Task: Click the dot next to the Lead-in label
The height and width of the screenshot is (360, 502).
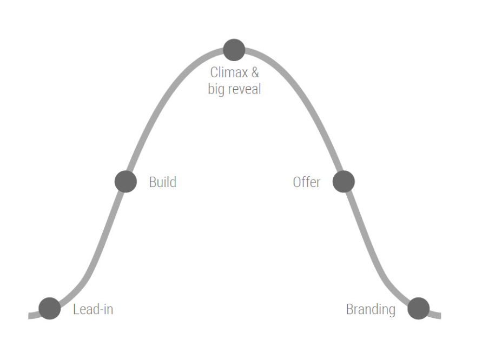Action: coord(50,309)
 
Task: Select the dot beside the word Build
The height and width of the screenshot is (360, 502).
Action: coord(125,182)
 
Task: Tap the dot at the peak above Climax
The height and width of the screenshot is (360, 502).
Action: coord(234,50)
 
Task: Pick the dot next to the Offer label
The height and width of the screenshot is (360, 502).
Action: coord(344,182)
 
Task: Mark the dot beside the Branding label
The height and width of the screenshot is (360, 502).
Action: coord(418,309)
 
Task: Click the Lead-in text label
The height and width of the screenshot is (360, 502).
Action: coord(93,310)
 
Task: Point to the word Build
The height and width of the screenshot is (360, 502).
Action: coord(162,182)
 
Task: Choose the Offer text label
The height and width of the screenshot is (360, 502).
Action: coord(307,182)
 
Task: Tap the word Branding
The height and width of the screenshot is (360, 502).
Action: coord(371,310)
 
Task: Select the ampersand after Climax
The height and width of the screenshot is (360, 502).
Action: coord(255,72)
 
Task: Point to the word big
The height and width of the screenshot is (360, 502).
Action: coord(216,89)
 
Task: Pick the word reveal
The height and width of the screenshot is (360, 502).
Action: coord(244,89)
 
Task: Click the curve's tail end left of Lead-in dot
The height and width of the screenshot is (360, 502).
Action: coord(31,315)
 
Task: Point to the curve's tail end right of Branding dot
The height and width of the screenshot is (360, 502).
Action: coord(437,315)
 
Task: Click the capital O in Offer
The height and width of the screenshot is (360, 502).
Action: coord(297,182)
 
